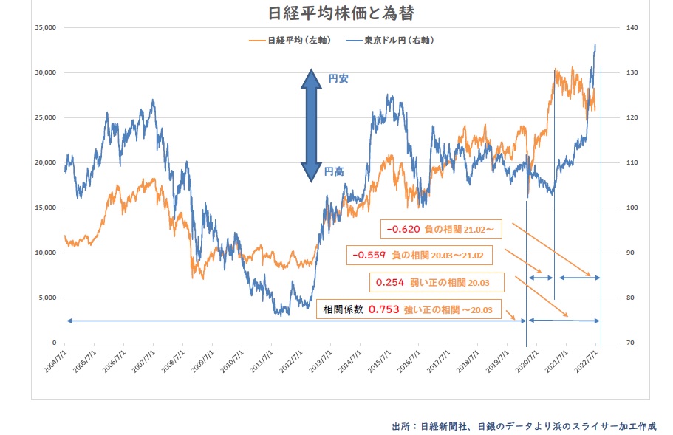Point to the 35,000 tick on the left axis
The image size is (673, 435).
[x=45, y=28]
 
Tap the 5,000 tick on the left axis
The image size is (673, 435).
[x=47, y=298]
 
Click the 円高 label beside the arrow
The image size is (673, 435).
[x=334, y=171]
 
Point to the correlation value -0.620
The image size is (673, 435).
[x=403, y=230]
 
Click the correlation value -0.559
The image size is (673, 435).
[x=367, y=256]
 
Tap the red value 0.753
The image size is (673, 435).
[x=384, y=309]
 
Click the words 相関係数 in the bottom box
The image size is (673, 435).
[x=342, y=309]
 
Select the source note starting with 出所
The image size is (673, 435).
[x=523, y=426]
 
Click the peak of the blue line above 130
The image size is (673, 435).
[x=595, y=45]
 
